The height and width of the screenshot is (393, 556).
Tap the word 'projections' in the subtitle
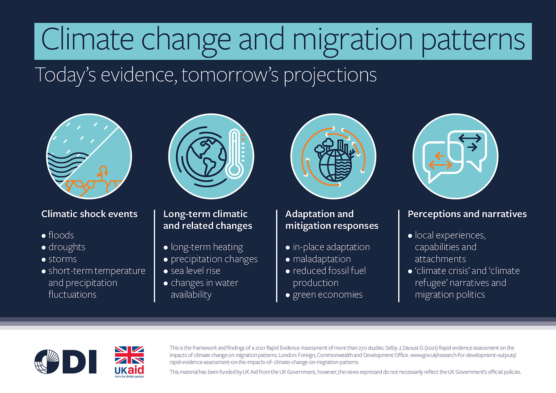(330, 75)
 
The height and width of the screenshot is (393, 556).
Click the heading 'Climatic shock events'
(89, 214)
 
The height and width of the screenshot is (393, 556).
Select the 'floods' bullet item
(61, 235)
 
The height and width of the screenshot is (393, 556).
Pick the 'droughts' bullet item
(66, 247)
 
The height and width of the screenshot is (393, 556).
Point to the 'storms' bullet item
(62, 259)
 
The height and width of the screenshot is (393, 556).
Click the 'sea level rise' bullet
(195, 271)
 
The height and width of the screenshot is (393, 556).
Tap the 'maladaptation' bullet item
(322, 259)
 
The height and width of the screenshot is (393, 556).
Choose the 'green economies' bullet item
(327, 295)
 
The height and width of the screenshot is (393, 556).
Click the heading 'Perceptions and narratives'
(467, 214)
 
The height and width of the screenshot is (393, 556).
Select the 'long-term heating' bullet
(207, 247)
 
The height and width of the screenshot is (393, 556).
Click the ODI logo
(65, 361)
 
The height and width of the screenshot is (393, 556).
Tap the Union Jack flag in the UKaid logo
(129, 355)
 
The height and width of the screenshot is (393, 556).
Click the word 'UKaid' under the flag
(129, 370)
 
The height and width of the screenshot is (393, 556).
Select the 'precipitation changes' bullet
(214, 259)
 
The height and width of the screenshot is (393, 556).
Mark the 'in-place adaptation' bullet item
(331, 247)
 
